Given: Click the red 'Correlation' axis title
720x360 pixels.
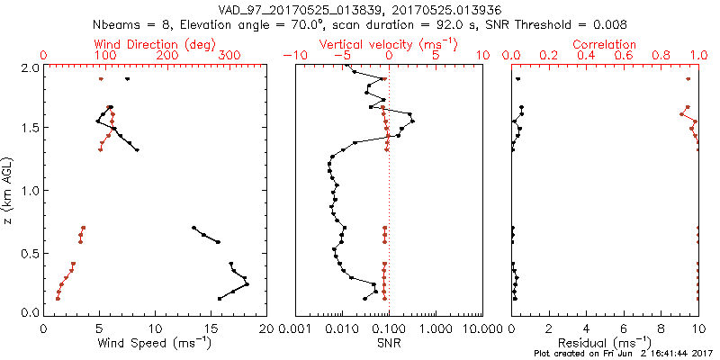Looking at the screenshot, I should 605,44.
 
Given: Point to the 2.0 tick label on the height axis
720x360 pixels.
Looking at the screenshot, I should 28,67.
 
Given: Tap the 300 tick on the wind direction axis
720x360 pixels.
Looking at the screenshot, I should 229,57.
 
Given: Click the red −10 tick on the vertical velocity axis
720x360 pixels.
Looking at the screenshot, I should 292,57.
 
